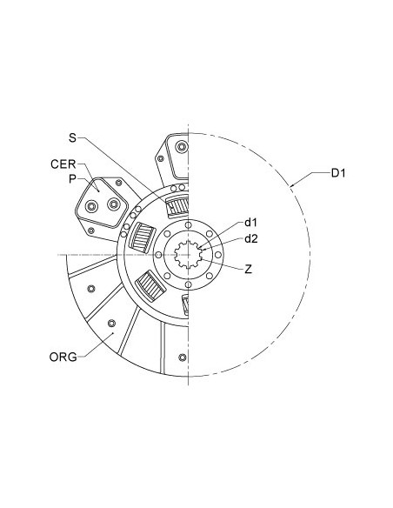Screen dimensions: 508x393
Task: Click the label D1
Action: pyautogui.click(x=339, y=174)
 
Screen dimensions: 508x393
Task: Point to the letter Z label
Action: pyautogui.click(x=249, y=270)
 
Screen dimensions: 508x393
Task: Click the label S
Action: pyautogui.click(x=72, y=137)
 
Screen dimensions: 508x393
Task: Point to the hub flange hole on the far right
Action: pyautogui.click(x=219, y=256)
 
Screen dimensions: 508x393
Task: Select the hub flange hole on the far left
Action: pyautogui.click(x=159, y=256)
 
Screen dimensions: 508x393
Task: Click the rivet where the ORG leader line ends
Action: pyautogui.click(x=110, y=324)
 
